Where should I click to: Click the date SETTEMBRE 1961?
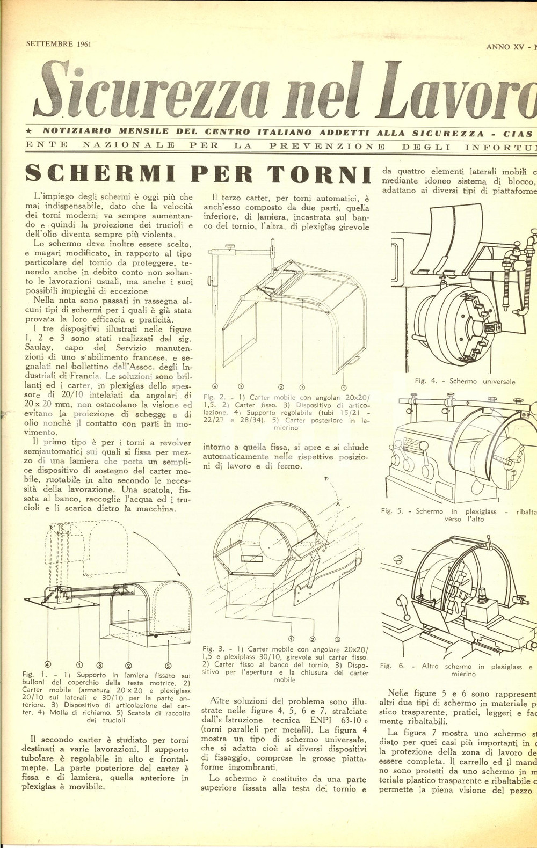click(59, 43)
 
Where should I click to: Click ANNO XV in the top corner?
click(504, 47)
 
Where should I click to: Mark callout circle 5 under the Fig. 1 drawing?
click(168, 663)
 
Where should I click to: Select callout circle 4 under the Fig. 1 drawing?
click(48, 663)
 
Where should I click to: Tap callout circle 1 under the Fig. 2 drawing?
click(344, 386)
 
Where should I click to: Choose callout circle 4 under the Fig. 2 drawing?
click(215, 386)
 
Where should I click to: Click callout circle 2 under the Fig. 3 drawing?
click(314, 639)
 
